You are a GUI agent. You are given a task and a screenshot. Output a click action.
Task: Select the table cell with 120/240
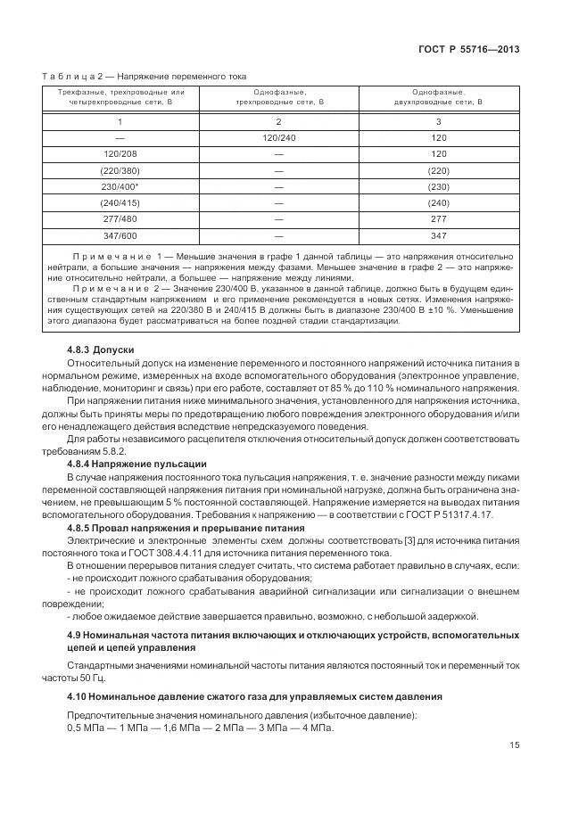point(278,138)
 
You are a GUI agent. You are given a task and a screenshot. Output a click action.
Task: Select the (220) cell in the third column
point(437,170)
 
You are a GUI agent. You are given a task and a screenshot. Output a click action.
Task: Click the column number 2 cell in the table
point(278,121)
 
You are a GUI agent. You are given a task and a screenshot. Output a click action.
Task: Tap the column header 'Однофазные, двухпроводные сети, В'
point(437,97)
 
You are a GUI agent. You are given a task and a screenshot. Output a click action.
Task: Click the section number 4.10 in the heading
point(79,695)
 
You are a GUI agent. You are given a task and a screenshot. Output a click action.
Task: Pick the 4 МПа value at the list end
point(313,728)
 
